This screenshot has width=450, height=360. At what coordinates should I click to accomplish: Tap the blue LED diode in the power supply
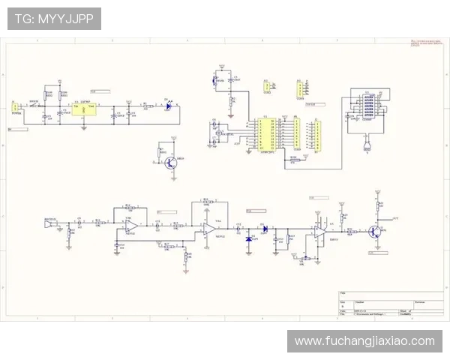(168, 106)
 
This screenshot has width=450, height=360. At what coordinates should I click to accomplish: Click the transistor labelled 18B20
(172, 160)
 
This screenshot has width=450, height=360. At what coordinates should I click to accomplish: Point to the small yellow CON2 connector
(265, 87)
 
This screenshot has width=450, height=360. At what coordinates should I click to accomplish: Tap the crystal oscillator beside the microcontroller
(218, 134)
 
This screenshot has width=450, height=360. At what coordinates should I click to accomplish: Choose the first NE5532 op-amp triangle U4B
(130, 224)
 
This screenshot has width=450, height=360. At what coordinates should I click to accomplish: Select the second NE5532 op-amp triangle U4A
(208, 229)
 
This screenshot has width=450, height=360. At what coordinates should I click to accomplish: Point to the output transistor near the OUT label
(375, 231)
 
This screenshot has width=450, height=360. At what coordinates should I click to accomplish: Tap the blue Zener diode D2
(250, 238)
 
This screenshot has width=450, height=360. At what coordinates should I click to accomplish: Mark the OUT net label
(395, 217)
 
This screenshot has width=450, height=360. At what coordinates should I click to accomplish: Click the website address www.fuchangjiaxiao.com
(364, 341)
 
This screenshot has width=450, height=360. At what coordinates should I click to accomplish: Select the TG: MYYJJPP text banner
(54, 19)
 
